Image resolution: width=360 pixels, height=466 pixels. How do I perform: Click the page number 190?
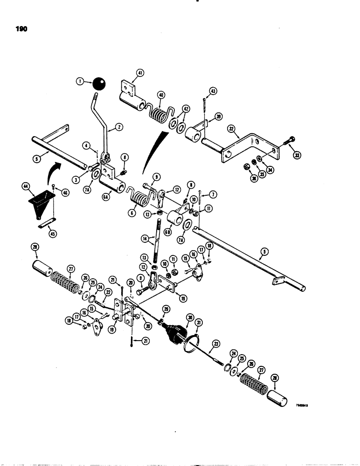[21, 29]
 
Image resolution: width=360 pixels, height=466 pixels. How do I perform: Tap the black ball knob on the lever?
[99, 84]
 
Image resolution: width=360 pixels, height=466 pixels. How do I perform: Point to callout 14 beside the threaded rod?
[145, 238]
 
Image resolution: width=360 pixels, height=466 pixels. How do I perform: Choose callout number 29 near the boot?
[166, 309]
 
